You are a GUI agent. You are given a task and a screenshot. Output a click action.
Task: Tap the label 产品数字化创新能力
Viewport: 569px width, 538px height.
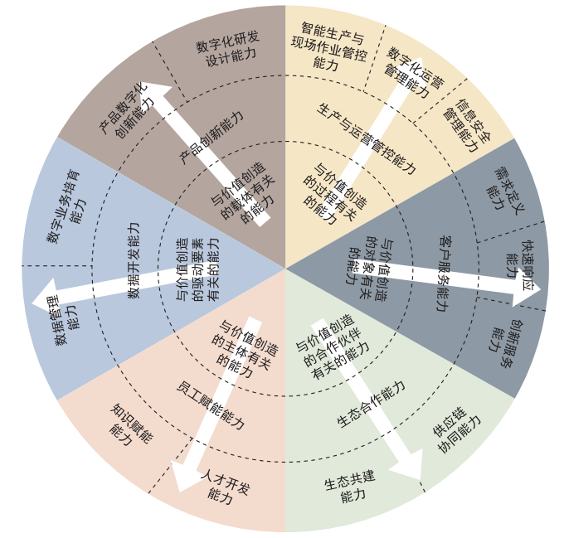[x=125, y=110]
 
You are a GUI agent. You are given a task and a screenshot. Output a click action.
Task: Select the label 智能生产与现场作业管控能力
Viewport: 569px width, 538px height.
[x=329, y=46]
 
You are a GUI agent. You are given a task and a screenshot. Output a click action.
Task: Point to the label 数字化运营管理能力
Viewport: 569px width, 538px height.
[x=413, y=73]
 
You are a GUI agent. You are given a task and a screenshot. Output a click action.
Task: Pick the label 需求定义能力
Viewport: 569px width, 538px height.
[x=505, y=190]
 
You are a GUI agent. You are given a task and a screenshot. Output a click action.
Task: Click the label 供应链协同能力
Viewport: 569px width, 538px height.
[x=456, y=433]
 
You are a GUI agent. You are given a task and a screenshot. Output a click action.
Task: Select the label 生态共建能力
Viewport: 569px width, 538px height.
[x=351, y=486]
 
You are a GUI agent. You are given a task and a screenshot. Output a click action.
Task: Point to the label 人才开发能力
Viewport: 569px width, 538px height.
[x=224, y=486]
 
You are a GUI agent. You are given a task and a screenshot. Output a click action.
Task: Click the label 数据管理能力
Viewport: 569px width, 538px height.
[x=66, y=320]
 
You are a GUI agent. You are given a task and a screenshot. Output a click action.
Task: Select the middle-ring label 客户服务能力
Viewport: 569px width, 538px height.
[x=445, y=274]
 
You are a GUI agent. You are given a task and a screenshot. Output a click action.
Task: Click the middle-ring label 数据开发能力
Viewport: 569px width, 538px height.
[x=134, y=260]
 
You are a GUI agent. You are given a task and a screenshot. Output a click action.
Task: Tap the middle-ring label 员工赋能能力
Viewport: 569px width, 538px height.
[x=211, y=405]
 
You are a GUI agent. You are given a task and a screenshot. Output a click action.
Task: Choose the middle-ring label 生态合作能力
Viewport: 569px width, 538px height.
[x=371, y=405]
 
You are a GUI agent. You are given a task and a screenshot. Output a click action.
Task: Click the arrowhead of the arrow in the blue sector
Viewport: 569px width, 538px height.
[x=44, y=297]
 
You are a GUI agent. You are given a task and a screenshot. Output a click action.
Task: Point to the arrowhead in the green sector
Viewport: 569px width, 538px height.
[x=407, y=465]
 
